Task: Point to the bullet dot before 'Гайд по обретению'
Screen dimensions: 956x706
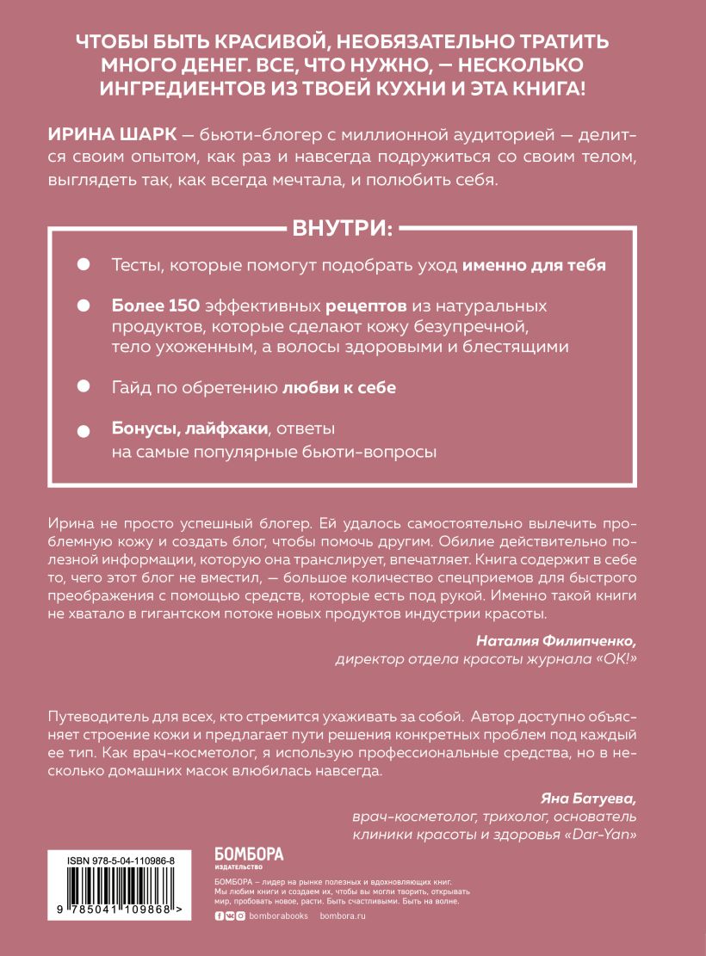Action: (84, 386)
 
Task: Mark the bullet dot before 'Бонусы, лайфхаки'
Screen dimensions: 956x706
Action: (84, 430)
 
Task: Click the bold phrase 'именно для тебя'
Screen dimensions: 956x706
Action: (535, 265)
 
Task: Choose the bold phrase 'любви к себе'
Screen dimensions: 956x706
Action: (339, 387)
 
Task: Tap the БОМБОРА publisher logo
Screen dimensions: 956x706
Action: (248, 857)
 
